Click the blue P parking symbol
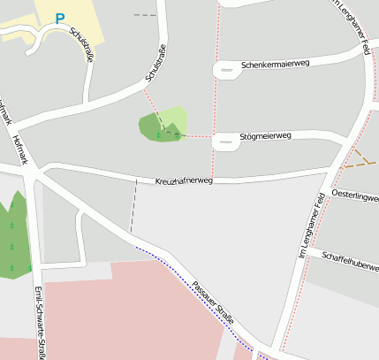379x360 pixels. pyautogui.click(x=59, y=18)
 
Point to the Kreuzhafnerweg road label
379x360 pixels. pyautogui.click(x=184, y=180)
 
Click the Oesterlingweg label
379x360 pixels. pyautogui.click(x=353, y=195)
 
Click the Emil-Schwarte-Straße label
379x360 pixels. pyautogui.click(x=38, y=323)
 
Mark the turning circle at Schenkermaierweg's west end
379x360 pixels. pyautogui.click(x=226, y=70)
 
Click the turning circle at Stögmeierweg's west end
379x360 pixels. pyautogui.click(x=225, y=140)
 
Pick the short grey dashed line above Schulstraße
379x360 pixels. pyautogui.click(x=144, y=15)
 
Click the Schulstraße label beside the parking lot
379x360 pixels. pyautogui.click(x=80, y=44)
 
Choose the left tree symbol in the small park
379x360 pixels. pyautogui.click(x=158, y=134)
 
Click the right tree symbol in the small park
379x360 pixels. pyautogui.click(x=177, y=134)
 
